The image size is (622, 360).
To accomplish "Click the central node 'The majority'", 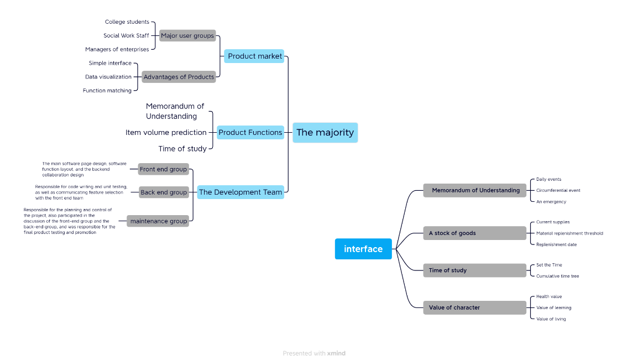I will pos(325,133).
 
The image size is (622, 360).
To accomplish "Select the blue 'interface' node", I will pos(363,249).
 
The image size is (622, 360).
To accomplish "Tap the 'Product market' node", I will pos(254,56).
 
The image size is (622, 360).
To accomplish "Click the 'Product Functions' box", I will pos(250,132).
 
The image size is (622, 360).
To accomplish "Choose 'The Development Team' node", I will pos(241,192).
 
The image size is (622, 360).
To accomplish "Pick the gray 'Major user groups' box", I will pos(187,36).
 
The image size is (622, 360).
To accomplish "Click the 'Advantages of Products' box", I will pos(179,77).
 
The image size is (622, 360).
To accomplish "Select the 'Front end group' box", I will pos(163,169).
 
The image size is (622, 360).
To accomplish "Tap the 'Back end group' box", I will pos(164,192).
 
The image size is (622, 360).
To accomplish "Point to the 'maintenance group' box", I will pos(158,221).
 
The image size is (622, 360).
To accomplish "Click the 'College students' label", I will pos(127,22).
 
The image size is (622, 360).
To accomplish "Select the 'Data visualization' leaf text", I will pos(108,77).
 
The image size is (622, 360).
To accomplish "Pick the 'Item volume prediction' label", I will pos(166,132).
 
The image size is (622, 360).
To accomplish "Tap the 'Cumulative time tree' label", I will pos(557,276).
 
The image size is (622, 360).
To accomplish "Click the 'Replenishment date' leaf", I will pos(556,244).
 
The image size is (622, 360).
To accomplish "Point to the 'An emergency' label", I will pos(551,202).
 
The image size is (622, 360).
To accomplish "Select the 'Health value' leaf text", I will pos(548,296).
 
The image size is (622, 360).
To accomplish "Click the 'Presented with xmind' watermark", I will pos(314,353).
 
